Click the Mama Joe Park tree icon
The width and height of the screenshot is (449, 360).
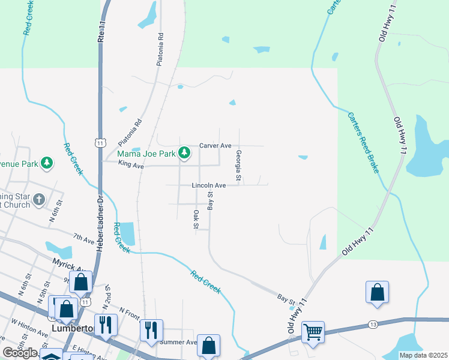[185, 154]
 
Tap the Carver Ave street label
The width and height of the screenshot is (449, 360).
[215, 146]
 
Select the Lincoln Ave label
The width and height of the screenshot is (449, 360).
[208, 186]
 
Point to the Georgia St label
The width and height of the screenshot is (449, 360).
[238, 166]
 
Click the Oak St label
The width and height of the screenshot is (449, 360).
[196, 219]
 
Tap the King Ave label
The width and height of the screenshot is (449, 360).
[131, 164]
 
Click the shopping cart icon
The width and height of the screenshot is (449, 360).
[313, 331]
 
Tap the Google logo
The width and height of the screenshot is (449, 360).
[20, 353]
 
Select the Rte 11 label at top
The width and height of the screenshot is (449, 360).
[101, 31]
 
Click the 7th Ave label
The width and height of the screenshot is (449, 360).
[84, 239]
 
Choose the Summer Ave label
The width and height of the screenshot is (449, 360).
[178, 342]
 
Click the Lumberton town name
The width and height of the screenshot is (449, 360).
[73, 329]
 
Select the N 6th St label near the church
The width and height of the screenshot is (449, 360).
[52, 214]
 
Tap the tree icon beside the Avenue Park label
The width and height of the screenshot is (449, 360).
[46, 163]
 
